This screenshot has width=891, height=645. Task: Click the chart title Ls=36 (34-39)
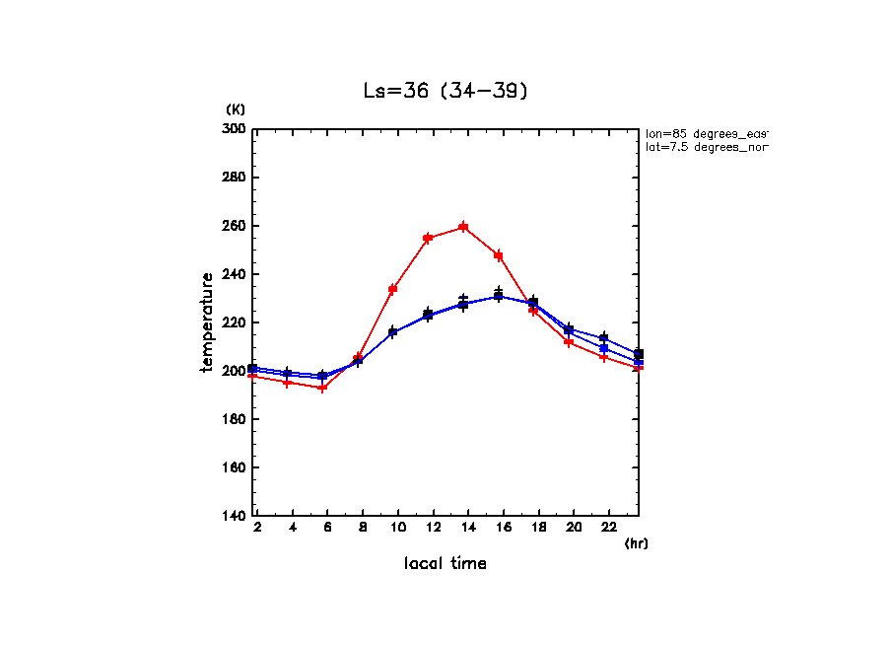point(445,91)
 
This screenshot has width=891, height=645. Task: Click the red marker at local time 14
point(463,227)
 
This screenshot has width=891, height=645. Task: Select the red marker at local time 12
point(428,238)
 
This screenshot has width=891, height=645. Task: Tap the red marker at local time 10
point(392,289)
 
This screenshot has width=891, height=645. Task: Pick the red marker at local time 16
point(499,255)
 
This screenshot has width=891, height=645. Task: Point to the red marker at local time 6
point(322,388)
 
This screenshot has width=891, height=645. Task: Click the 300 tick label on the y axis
point(235,129)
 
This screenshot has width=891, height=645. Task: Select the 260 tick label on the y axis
point(235,226)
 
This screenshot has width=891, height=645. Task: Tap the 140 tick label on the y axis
point(235,516)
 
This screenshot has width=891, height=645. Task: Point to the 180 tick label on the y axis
point(235,419)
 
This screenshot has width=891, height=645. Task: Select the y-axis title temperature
point(207,322)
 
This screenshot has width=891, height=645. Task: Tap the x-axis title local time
point(445,564)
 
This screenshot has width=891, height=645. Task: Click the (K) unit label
point(236,108)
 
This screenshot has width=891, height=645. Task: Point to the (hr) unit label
point(636,543)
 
